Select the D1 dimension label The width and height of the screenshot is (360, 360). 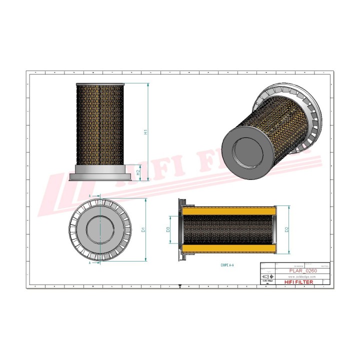pos(143,229)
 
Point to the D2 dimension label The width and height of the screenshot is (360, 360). pos(286,229)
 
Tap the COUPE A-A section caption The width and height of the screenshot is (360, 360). pos(226,264)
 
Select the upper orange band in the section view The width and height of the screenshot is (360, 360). pos(229,211)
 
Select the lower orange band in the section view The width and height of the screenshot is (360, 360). pos(229,248)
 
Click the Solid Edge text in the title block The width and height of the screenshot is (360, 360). pos(268,282)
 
